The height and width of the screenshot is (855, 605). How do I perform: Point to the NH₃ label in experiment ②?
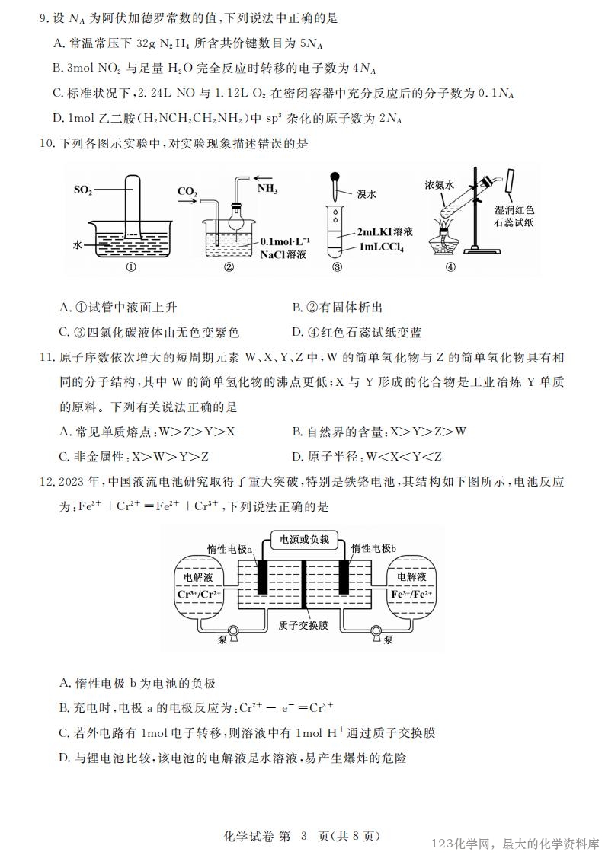267,187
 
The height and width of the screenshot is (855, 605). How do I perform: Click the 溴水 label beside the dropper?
366,194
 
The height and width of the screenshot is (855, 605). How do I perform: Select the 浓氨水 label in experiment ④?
440,184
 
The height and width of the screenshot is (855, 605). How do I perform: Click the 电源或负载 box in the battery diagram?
304,539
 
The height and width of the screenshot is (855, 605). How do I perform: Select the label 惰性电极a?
229,548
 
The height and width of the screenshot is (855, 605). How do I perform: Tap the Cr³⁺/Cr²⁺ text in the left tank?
199,595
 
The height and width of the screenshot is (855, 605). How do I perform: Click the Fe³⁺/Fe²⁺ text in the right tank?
411,594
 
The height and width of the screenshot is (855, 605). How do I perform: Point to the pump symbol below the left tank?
232,632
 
